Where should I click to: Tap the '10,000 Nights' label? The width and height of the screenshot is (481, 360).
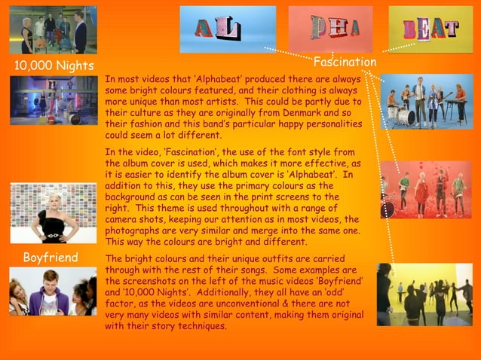[x=49, y=66]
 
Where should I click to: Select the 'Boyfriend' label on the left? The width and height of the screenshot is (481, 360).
[x=51, y=258]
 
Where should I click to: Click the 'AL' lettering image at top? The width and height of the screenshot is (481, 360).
[x=228, y=29]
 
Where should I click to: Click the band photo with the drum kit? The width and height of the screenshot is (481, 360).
[x=427, y=101]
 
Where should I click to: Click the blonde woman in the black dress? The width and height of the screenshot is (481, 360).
[x=53, y=213]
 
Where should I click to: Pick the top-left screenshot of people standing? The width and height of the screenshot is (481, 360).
[x=53, y=29]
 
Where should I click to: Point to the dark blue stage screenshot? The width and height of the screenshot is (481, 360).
[x=53, y=100]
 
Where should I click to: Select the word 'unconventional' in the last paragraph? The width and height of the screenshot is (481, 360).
[x=247, y=304]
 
